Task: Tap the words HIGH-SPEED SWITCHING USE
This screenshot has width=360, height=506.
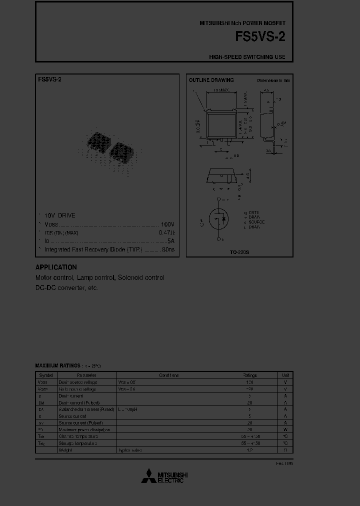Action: click(x=247, y=57)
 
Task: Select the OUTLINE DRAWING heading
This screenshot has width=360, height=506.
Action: click(x=211, y=80)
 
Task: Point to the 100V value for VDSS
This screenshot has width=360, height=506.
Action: click(x=167, y=224)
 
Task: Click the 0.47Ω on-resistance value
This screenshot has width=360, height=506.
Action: click(x=166, y=232)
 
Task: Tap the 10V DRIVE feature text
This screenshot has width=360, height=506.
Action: click(x=59, y=215)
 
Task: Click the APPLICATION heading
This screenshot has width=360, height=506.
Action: click(x=56, y=267)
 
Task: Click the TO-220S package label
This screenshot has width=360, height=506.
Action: click(x=239, y=253)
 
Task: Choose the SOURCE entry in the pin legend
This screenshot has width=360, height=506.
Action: click(x=254, y=222)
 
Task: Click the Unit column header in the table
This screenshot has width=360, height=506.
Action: click(x=285, y=375)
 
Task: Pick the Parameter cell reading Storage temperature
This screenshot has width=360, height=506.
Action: click(x=78, y=443)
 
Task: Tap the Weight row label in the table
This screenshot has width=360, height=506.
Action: click(x=65, y=450)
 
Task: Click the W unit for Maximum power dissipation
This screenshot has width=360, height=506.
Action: click(x=285, y=429)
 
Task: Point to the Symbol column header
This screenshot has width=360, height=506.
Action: click(x=46, y=375)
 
